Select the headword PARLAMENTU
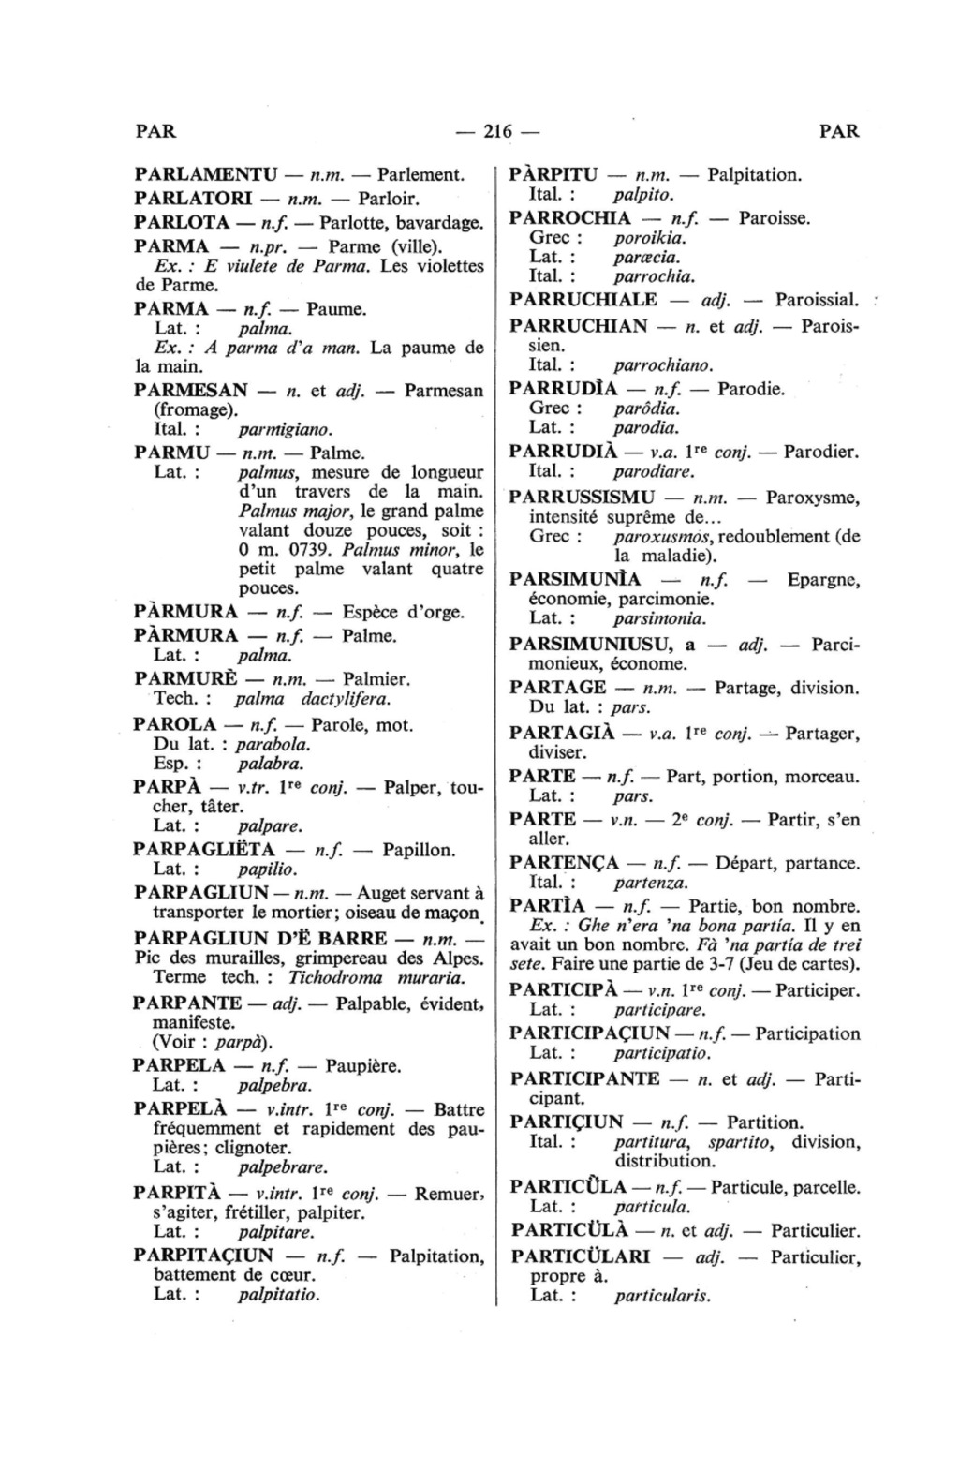[206, 175]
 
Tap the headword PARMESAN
[191, 391]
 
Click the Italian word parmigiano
[285, 430]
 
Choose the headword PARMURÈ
[194, 679]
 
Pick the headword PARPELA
[179, 1066]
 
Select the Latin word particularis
[662, 1297]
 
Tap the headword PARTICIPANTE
[584, 1079]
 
